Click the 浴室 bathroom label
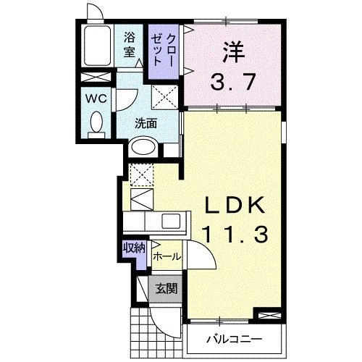click(x=130, y=43)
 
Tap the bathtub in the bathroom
click(x=97, y=48)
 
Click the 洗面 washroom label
click(x=146, y=122)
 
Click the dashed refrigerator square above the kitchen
click(x=141, y=173)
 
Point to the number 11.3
click(x=233, y=234)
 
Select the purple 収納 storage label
click(x=134, y=248)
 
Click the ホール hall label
click(x=167, y=256)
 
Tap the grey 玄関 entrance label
click(x=166, y=288)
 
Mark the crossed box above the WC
click(x=95, y=77)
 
